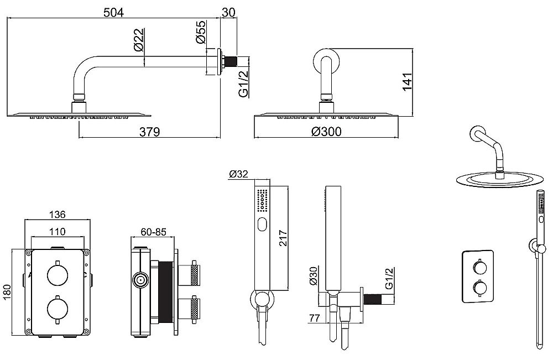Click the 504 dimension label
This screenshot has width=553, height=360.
click(113, 12)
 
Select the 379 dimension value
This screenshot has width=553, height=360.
click(149, 132)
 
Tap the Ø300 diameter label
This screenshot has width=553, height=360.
click(327, 132)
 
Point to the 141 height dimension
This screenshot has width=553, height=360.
click(407, 81)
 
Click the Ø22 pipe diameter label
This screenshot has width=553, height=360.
click(139, 40)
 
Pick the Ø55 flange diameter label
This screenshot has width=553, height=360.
click(200, 32)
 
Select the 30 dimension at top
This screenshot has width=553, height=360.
click(228, 12)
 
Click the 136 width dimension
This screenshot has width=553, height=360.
click(57, 214)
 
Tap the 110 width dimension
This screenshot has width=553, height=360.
click(57, 231)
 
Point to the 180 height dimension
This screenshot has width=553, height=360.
click(7, 293)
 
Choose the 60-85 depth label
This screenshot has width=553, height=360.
click(153, 232)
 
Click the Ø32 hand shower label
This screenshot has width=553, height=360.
click(238, 174)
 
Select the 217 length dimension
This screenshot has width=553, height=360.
click(284, 238)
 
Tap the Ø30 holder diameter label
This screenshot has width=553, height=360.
click(314, 276)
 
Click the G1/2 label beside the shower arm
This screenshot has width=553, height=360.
click(244, 83)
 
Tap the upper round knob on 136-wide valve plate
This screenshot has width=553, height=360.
click(57, 273)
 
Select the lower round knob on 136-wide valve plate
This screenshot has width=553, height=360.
click(57, 309)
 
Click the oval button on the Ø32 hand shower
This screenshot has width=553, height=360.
click(262, 225)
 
